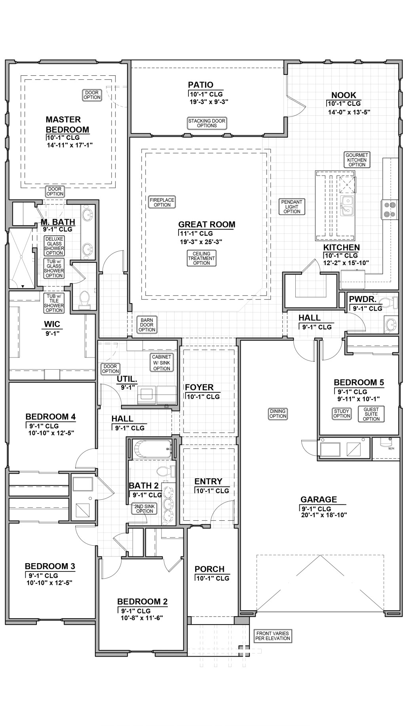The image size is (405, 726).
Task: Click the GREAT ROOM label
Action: tap(207, 224)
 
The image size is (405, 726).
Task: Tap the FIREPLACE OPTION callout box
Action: tap(162, 202)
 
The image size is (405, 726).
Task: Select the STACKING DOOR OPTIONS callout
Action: tap(207, 123)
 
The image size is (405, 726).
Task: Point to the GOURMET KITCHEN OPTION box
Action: tap(357, 160)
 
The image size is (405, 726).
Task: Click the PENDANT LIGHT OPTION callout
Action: tap(292, 206)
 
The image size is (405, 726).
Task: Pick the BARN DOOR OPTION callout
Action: tap(147, 325)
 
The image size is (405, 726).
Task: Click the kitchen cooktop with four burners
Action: tap(388, 209)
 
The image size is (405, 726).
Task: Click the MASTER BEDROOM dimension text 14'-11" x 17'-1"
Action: tap(69, 145)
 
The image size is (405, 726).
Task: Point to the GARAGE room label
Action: tap(318, 499)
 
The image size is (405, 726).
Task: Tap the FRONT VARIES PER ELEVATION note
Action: tap(273, 636)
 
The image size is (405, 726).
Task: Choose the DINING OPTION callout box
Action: tap(278, 414)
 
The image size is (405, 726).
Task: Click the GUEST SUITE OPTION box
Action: tap(371, 414)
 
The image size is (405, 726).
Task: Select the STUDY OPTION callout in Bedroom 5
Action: tap(342, 414)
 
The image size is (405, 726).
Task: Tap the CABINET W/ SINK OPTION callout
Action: tap(162, 363)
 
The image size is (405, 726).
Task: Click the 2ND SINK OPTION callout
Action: tap(145, 509)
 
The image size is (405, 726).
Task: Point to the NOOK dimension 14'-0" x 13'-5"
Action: tap(349, 112)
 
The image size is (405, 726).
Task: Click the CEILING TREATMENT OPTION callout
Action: tap(202, 258)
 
